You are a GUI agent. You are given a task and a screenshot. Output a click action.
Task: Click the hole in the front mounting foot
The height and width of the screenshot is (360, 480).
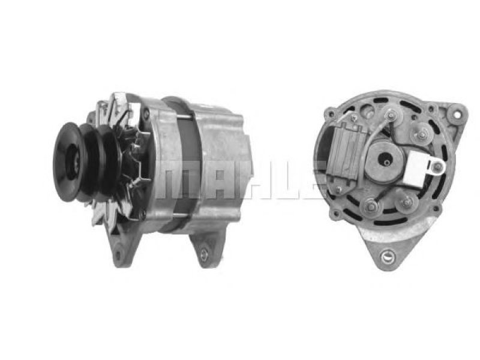(x=118, y=254)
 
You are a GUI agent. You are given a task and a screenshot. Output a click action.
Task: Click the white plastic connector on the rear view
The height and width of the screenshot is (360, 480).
(x=422, y=167)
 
